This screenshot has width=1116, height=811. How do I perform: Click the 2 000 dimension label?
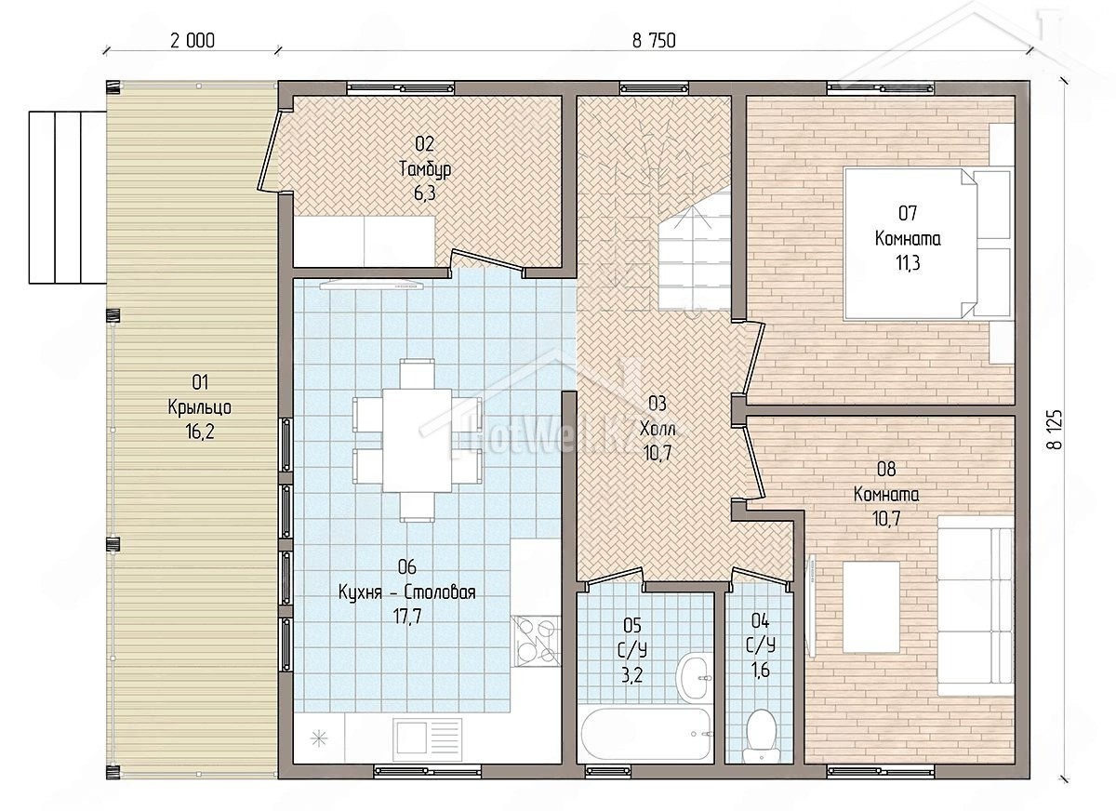pyautogui.click(x=193, y=41)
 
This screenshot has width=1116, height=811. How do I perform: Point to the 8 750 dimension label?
pyautogui.click(x=654, y=41)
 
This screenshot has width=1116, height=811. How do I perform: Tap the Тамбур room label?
pyautogui.click(x=425, y=169)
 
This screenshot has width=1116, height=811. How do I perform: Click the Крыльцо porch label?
pyautogui.click(x=199, y=407)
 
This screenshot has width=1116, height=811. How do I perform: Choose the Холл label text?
pyautogui.click(x=658, y=428)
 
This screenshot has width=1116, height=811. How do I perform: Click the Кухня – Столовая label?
pyautogui.click(x=407, y=592)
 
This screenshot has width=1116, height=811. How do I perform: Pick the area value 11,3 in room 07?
pyautogui.click(x=908, y=263)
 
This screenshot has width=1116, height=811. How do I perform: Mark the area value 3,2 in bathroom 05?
pyautogui.click(x=631, y=675)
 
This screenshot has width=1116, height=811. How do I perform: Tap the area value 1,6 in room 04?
pyautogui.click(x=761, y=671)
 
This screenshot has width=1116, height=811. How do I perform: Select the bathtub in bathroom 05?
pyautogui.click(x=645, y=735)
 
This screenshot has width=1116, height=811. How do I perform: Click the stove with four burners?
pyautogui.click(x=537, y=642)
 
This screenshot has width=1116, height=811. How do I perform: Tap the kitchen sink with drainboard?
pyautogui.click(x=427, y=738)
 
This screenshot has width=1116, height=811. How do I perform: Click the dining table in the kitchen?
pyautogui.click(x=418, y=440)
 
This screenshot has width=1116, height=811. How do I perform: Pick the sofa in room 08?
pyautogui.click(x=976, y=605)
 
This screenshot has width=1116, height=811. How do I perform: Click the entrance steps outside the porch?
pyautogui.click(x=67, y=198)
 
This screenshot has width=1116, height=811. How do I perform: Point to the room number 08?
pyautogui.click(x=886, y=469)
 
